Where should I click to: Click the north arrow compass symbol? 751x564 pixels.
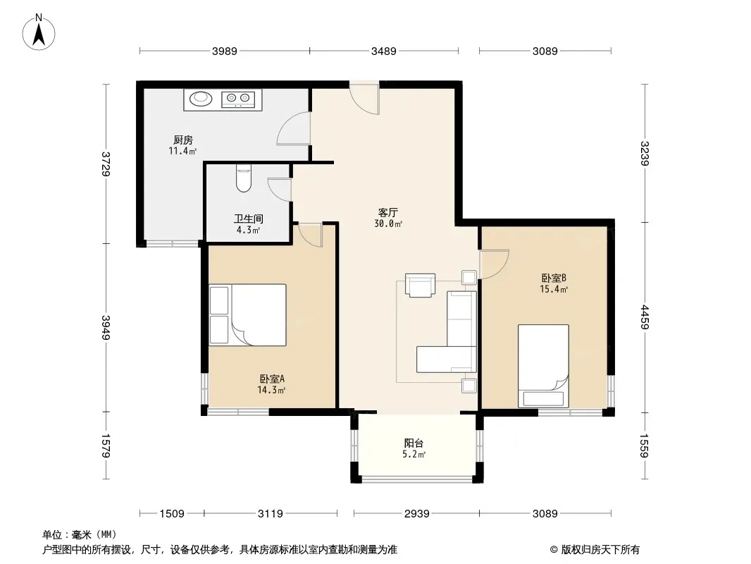[x=39, y=32]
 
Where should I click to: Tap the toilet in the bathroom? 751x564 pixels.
[x=244, y=178]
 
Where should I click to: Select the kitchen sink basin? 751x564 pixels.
[x=201, y=99]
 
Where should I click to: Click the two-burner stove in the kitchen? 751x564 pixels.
[x=239, y=98]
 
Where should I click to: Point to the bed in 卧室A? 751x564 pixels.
[x=247, y=315]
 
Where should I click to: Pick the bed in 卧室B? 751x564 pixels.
[x=543, y=366]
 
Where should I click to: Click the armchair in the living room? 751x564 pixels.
[x=420, y=285]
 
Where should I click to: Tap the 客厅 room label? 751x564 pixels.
[x=388, y=212]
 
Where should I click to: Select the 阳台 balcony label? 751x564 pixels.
[x=414, y=443]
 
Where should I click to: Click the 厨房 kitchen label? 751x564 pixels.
[x=183, y=140]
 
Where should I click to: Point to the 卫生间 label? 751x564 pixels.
[x=249, y=219]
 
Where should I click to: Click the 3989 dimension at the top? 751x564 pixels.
[x=225, y=51]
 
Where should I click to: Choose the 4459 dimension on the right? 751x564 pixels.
[x=645, y=317]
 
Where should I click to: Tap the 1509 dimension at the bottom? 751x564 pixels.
[x=172, y=514]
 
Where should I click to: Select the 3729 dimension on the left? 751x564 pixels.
[x=106, y=164]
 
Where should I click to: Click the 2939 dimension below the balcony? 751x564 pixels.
[x=416, y=514]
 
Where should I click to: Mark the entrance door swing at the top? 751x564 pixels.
[x=365, y=99]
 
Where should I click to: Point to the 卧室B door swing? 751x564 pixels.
[x=494, y=264]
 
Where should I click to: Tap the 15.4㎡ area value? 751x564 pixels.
[x=554, y=289]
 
